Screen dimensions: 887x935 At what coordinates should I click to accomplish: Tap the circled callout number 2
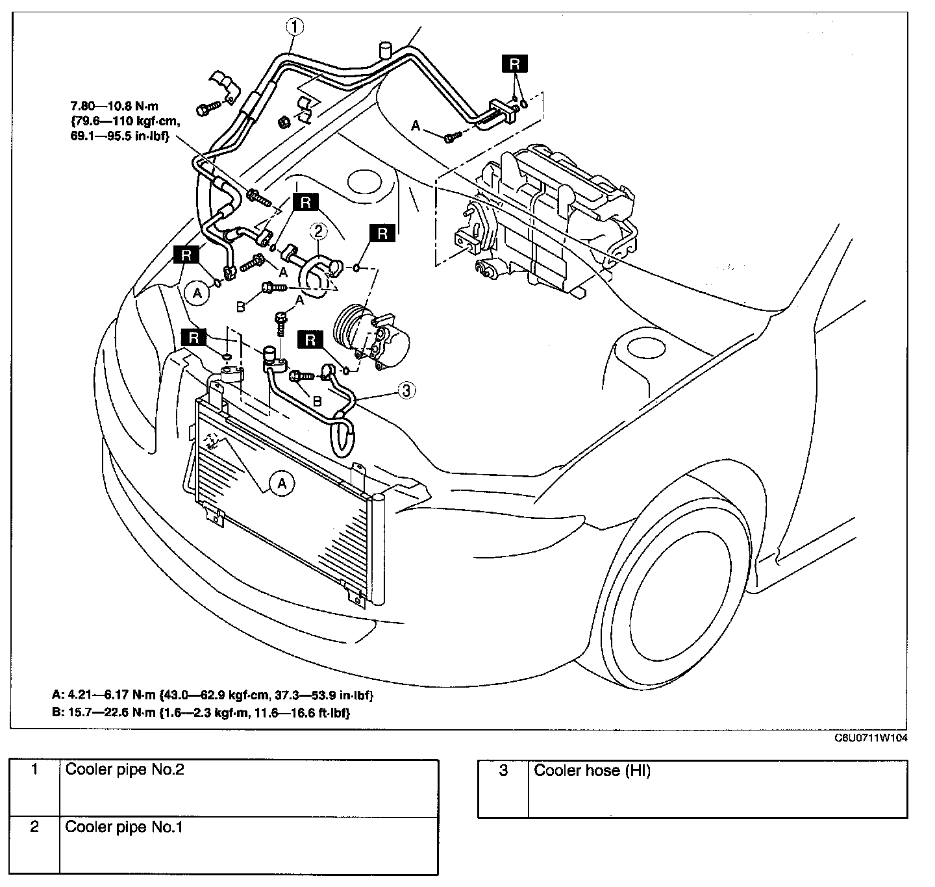(318, 230)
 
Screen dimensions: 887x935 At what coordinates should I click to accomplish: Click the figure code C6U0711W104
(871, 738)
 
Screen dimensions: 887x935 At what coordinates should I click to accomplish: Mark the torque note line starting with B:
(201, 712)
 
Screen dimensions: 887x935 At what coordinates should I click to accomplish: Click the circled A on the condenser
(282, 483)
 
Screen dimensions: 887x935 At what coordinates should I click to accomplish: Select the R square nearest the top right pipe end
(514, 64)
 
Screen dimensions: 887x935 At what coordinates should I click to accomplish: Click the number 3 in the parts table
(503, 771)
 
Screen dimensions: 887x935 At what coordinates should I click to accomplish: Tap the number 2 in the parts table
(34, 827)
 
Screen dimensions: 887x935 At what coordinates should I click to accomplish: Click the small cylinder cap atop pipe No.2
(386, 49)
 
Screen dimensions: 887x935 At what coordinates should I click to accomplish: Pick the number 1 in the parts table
(34, 769)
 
